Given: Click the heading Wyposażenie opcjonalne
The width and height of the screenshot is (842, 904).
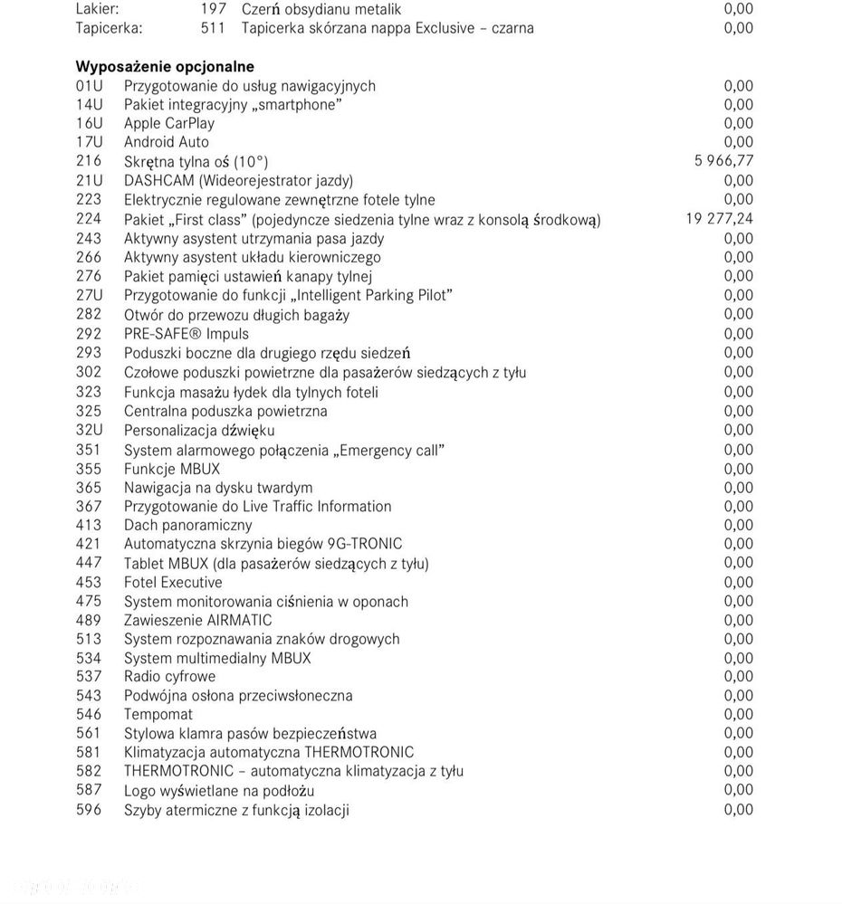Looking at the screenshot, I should (165, 66).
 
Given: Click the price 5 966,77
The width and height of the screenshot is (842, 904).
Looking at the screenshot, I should (723, 161).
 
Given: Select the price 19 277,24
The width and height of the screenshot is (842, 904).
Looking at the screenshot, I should (720, 219).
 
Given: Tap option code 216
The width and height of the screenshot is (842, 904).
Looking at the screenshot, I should (89, 161).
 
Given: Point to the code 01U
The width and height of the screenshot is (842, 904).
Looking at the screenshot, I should (90, 86).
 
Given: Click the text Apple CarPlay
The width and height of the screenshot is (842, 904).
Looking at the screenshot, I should (169, 123).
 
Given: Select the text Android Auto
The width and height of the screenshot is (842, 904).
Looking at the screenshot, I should (167, 142).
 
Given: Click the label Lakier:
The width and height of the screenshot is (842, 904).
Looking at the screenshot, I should (97, 9).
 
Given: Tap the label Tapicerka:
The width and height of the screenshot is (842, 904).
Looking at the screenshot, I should (109, 28).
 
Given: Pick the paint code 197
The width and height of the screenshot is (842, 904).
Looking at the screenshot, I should (213, 9).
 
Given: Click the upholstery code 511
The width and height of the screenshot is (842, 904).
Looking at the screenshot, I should (213, 28).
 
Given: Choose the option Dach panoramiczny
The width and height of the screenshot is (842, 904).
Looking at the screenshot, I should (188, 525).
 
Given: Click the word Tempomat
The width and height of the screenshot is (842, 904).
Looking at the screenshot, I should (158, 714).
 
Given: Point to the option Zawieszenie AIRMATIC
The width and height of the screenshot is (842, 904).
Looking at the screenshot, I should (197, 620).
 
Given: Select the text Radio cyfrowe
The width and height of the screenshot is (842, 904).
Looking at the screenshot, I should (170, 676).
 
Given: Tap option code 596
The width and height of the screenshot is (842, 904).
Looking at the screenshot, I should (89, 810).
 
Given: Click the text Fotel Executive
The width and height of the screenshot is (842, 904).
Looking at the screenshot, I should (173, 582).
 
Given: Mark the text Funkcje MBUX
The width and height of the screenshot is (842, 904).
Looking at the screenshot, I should (172, 469).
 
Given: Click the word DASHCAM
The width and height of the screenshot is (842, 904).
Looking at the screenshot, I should (159, 181).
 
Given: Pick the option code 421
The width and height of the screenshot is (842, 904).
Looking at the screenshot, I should (89, 544).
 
